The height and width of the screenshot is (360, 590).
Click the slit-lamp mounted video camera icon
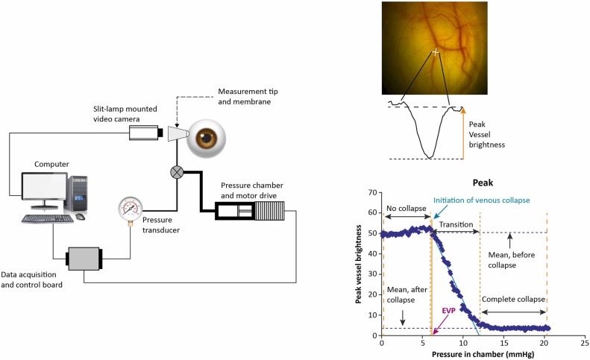(145, 133)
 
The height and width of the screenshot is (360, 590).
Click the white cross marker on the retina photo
(436, 52)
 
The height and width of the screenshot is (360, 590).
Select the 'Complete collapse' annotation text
(514, 300)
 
